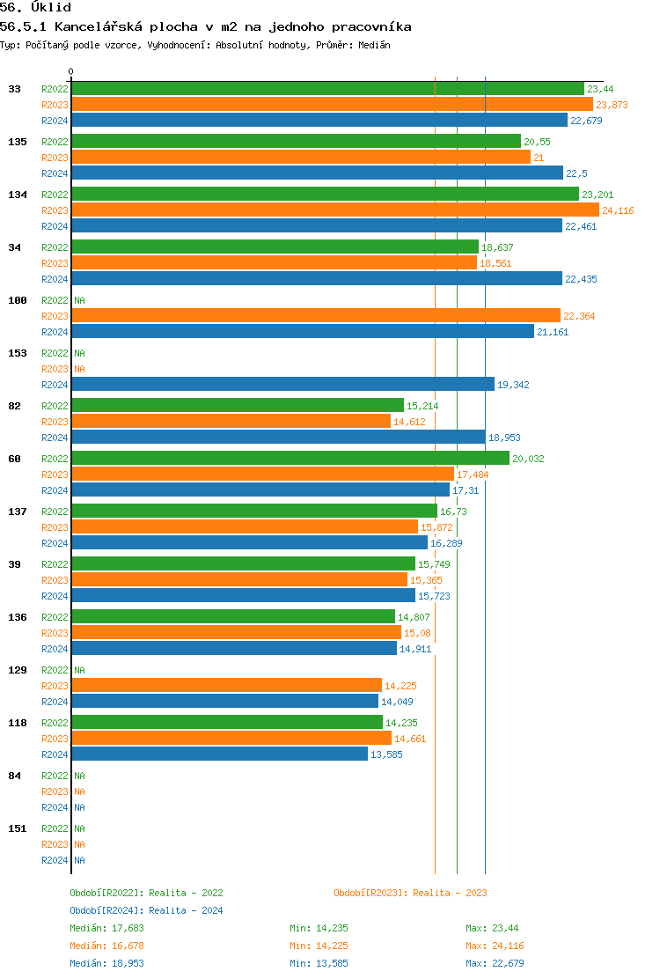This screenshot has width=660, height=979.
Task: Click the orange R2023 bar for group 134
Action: (x=334, y=210)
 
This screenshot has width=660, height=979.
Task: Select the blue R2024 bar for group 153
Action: (x=282, y=384)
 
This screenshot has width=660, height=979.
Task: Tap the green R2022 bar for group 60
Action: (x=290, y=458)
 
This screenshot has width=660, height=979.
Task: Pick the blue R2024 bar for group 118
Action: (x=219, y=754)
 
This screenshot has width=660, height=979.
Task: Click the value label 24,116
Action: (x=618, y=210)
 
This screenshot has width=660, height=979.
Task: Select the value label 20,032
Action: (x=528, y=459)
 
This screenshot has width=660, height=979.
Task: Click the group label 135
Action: (x=17, y=142)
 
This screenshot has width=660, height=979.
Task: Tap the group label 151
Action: (x=17, y=828)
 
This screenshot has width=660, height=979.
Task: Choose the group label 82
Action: (x=14, y=406)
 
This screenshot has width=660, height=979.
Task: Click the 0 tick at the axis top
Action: (x=71, y=71)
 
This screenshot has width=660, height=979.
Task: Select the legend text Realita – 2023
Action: (x=450, y=893)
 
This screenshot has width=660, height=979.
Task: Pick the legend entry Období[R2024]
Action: (x=106, y=910)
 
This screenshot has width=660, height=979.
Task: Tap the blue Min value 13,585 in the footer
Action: (x=330, y=963)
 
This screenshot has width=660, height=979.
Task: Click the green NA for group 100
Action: (x=79, y=300)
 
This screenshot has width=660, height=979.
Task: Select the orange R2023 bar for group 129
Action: (x=226, y=685)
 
